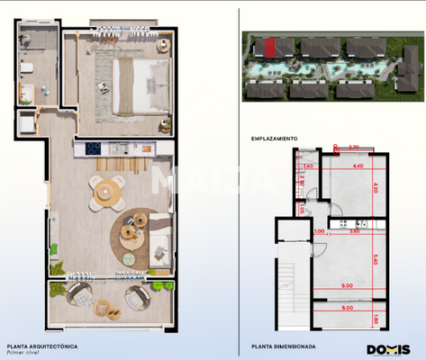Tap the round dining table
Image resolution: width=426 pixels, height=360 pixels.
(x=107, y=190)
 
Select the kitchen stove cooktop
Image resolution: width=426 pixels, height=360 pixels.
(x=94, y=148)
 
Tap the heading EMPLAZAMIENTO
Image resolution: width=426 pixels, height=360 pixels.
(x=275, y=138)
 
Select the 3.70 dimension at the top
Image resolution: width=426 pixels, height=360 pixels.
(x=353, y=147)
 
